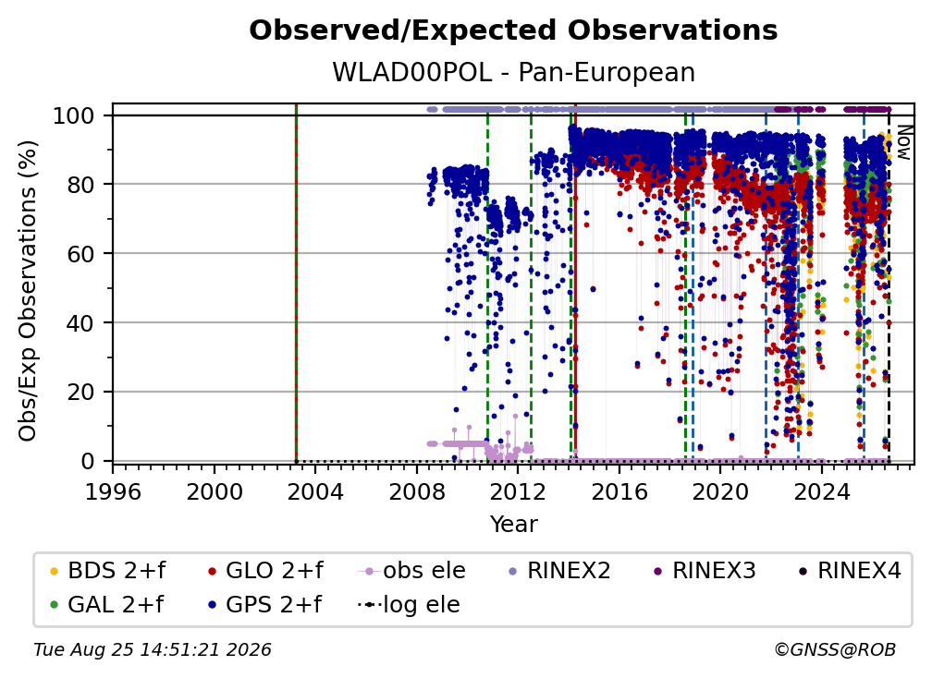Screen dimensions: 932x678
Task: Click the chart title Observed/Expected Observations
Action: point(513,30)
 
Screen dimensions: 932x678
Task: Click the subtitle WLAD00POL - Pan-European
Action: point(513,72)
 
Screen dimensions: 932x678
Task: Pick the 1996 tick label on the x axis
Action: point(113,492)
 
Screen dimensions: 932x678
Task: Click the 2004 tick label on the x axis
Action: point(315,492)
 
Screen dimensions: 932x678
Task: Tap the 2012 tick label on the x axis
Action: point(518,492)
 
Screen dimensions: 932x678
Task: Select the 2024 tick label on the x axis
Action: point(821,492)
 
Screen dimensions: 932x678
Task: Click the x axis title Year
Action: point(513,525)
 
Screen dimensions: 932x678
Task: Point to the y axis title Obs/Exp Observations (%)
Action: point(28,290)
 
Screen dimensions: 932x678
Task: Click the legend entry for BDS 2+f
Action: point(107,571)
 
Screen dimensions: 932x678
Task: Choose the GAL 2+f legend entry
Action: point(106,605)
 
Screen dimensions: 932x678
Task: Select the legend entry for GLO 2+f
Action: point(265,571)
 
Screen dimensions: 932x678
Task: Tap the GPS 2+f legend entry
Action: point(264,605)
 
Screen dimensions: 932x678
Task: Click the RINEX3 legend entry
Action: point(705,571)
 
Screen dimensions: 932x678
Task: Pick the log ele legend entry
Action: point(409,605)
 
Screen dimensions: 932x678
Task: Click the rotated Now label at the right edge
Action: point(903,142)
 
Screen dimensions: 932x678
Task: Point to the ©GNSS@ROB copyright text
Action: point(835,650)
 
